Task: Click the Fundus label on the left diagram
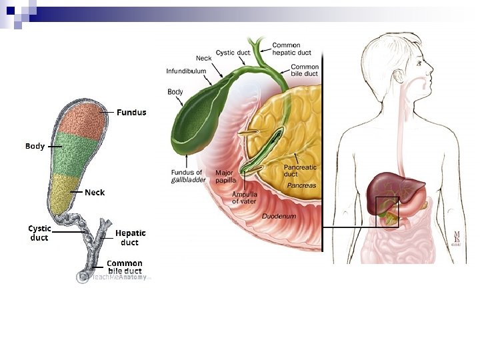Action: pos(131,112)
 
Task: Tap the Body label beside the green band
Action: pos(35,145)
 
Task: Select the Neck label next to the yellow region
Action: pos(95,192)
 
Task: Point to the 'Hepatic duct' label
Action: pos(130,237)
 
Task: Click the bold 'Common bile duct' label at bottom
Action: pos(124,267)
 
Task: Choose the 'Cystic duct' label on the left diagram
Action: pos(39,233)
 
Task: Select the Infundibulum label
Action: pos(186,71)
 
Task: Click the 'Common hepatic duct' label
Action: pos(291,49)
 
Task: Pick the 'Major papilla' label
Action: pos(225,177)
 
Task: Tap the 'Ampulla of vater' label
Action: pos(244,197)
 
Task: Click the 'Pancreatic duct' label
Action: pos(300,171)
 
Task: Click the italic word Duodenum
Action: pos(279,216)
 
